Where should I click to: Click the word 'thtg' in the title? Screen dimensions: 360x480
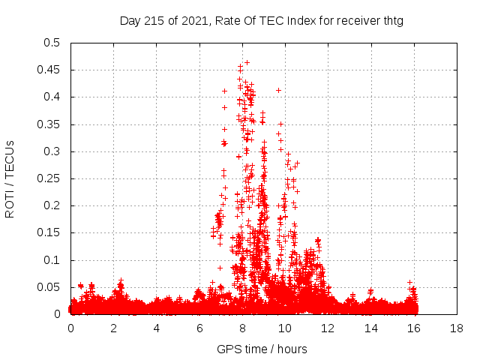[x=391, y=21]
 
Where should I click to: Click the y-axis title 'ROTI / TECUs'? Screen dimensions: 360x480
[x=10, y=178]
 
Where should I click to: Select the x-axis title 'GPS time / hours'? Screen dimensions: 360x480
[x=262, y=349]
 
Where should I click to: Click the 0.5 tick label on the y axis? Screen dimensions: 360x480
[x=52, y=43]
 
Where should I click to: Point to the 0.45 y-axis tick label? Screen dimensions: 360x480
[x=49, y=70]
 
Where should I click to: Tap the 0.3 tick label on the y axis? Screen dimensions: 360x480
[x=52, y=151]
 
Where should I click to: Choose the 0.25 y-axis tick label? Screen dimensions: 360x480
[x=49, y=178]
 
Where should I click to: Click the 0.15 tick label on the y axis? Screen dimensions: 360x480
[x=49, y=233]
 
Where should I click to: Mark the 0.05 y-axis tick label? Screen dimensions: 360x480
[x=49, y=287]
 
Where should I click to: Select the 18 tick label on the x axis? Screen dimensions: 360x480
[x=456, y=328]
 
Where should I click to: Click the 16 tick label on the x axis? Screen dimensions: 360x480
[x=413, y=328]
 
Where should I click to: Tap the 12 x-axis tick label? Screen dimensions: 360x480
[x=328, y=328]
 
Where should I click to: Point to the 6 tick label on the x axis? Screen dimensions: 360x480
[x=199, y=328]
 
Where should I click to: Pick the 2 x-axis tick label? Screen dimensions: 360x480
[x=114, y=328]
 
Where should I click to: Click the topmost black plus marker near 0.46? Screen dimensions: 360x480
[x=247, y=62]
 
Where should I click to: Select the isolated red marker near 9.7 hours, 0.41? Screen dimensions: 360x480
[x=278, y=90]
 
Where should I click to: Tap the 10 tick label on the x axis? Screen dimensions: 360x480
[x=285, y=328]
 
